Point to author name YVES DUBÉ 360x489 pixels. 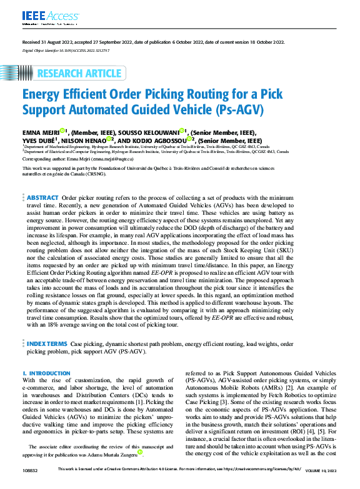39,141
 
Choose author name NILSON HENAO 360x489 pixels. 85,141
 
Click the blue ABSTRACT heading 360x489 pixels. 43,197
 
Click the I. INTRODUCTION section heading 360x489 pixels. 46,373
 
